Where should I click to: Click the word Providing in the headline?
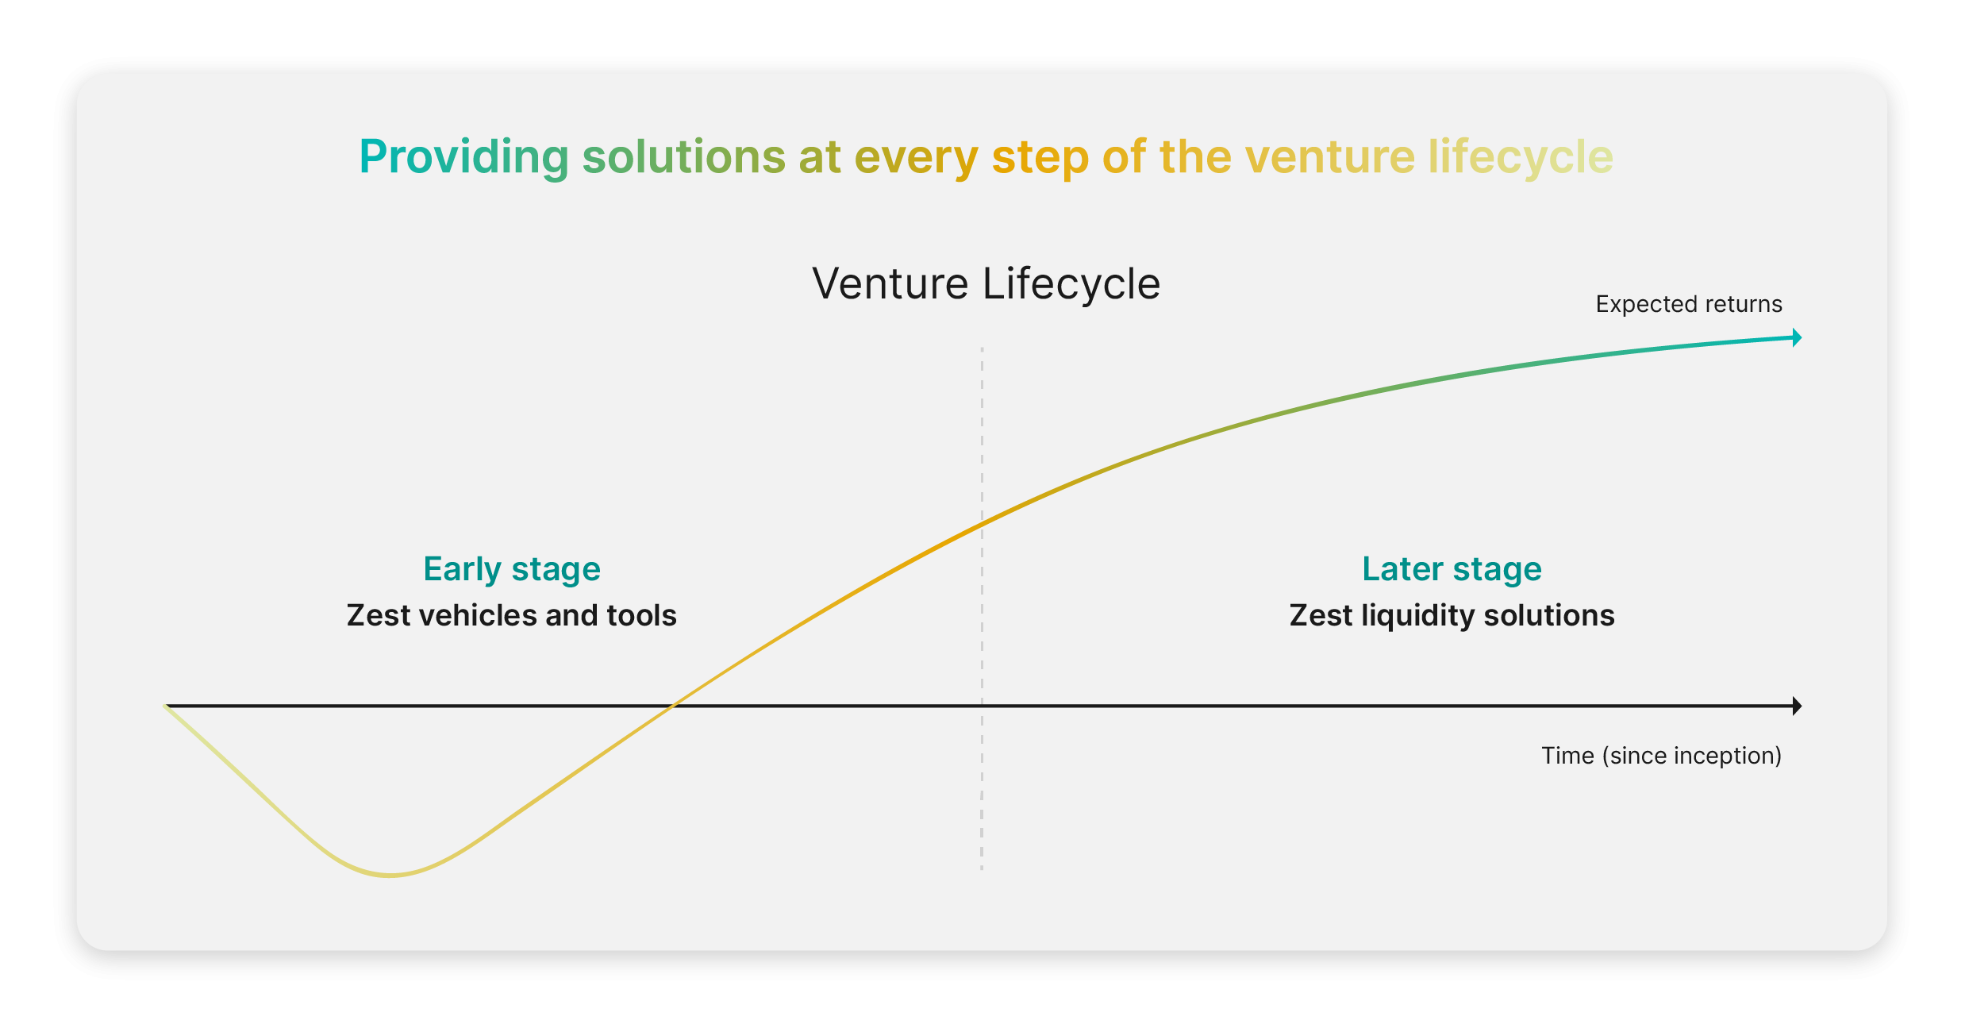coord(464,157)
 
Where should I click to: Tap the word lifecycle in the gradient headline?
coord(1521,157)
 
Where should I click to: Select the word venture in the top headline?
coord(1330,157)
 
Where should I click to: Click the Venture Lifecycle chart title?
coord(986,284)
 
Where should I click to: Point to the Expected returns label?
coord(1689,304)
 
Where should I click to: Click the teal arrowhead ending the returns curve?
coord(1797,338)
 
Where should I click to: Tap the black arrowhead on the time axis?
coord(1797,706)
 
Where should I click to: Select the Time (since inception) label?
coord(1661,756)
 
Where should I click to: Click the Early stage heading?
coord(512,570)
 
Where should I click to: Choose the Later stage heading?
coord(1452,570)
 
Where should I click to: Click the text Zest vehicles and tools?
coord(512,615)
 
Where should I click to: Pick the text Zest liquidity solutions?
coord(1452,616)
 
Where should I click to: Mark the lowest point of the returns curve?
coord(390,876)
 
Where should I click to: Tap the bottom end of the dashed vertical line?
coord(982,870)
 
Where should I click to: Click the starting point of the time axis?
coord(166,706)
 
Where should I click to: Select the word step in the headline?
coord(1040,157)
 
